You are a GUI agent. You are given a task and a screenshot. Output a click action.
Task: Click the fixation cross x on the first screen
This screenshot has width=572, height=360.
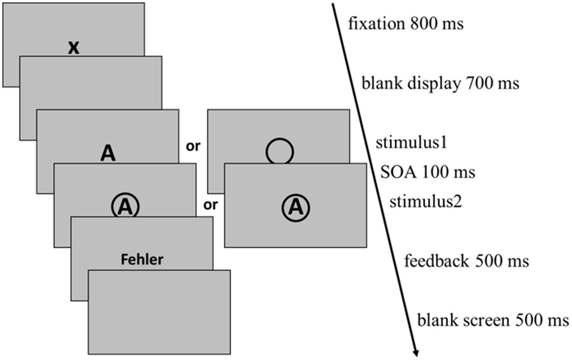[73, 47]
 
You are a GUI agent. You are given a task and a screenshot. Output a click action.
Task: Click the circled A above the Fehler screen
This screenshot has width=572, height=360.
[125, 206]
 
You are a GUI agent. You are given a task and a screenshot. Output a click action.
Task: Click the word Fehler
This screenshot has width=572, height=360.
[142, 259]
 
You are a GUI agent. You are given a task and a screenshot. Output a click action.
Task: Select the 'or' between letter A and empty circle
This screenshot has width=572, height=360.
[193, 146]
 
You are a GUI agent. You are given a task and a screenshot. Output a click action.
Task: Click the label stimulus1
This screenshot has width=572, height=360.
[411, 143]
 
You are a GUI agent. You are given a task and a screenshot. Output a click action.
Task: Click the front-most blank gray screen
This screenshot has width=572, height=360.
[159, 312]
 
